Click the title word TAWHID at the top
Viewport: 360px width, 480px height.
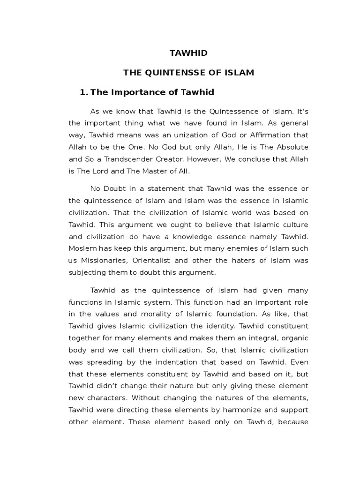188,53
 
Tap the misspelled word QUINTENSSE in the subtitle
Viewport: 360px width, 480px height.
180,73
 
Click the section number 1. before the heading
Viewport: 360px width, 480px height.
84,92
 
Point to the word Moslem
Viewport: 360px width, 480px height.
82,248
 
